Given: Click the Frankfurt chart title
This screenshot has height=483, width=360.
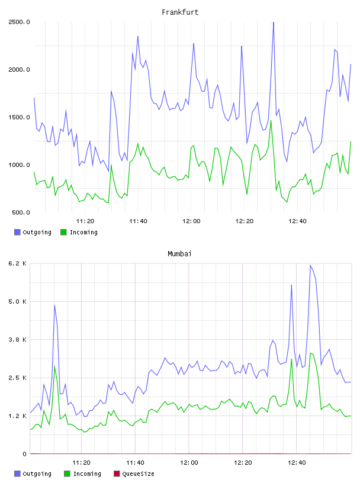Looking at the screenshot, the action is pyautogui.click(x=180, y=12).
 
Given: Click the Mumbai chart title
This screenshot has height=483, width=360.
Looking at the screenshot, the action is pyautogui.click(x=179, y=254).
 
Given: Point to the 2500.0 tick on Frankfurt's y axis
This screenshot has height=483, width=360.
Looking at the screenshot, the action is pyautogui.click(x=19, y=22).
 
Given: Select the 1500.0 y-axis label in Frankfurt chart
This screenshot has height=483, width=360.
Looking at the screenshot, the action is pyautogui.click(x=19, y=117).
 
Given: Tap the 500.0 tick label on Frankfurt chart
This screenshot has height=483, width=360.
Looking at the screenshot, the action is pyautogui.click(x=21, y=212).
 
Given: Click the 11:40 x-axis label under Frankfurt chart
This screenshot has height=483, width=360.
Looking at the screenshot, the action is pyautogui.click(x=138, y=221).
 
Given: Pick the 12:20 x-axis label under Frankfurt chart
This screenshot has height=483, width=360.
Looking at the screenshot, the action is pyautogui.click(x=245, y=221).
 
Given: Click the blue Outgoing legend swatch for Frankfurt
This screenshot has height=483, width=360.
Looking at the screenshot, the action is pyautogui.click(x=17, y=232).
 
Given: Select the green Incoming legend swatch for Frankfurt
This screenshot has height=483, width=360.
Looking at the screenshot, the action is pyautogui.click(x=63, y=232).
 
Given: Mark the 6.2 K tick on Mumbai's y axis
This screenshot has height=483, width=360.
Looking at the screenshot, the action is pyautogui.click(x=18, y=263).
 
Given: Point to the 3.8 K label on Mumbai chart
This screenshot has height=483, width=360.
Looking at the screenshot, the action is pyautogui.click(x=18, y=340).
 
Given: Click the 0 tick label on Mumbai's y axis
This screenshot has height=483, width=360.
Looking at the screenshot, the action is pyautogui.click(x=24, y=454).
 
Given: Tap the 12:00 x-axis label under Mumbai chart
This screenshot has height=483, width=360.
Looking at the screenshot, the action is pyautogui.click(x=189, y=463).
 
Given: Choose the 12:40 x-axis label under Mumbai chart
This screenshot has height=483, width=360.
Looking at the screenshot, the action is pyautogui.click(x=297, y=463).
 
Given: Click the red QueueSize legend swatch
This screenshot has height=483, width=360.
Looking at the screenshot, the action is pyautogui.click(x=117, y=474).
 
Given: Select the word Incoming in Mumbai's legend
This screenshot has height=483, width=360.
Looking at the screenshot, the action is pyautogui.click(x=87, y=474).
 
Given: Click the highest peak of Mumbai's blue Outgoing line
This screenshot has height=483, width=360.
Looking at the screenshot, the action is pyautogui.click(x=310, y=265).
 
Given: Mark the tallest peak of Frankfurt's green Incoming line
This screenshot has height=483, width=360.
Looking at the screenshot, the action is pyautogui.click(x=271, y=120).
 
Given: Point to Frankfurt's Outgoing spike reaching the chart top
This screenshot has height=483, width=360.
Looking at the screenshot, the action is pyautogui.click(x=274, y=23).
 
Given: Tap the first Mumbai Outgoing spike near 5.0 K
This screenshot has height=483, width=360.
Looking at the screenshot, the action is pyautogui.click(x=54, y=305).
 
